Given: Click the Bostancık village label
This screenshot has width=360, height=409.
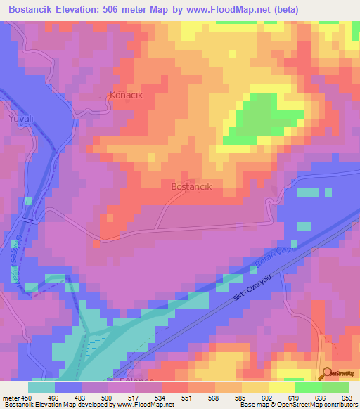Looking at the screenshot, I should (191, 188).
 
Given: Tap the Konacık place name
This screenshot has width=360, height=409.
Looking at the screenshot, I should (127, 96).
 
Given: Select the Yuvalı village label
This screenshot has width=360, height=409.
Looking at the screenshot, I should (20, 119).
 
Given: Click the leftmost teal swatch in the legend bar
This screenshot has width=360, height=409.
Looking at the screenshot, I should (41, 387).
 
